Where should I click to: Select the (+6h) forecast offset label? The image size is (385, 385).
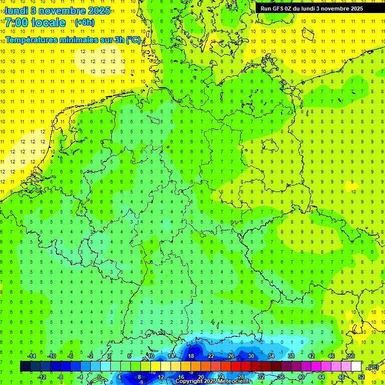tap(84, 22)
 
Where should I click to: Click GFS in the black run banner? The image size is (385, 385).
tap(279, 9)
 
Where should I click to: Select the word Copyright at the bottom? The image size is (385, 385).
tap(188, 381)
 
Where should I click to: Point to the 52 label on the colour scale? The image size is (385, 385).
tap(361, 377)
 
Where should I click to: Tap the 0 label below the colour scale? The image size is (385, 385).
tap(100, 377)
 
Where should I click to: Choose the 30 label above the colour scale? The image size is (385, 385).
tap(251, 355)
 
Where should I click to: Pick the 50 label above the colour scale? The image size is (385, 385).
tap(351, 355)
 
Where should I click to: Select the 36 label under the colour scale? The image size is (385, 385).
tap(281, 377)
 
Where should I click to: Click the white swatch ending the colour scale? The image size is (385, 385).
tap(356, 366)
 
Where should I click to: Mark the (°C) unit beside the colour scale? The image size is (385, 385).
tap(372, 367)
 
